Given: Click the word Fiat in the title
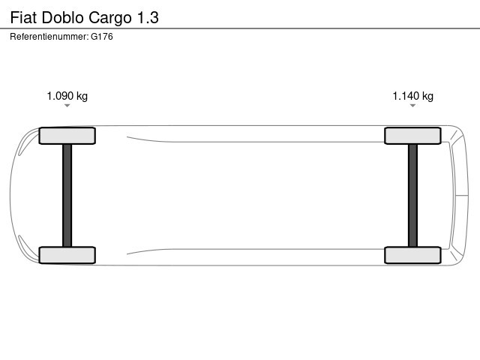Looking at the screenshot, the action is pos(23,17).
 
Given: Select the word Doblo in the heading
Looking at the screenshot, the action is pos(62,17).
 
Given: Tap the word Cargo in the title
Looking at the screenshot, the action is pos(110,18).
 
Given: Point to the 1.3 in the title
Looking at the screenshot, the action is pos(148,17).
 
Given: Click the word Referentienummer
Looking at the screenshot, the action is pos(49,37).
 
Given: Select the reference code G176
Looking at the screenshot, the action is pos(102,37).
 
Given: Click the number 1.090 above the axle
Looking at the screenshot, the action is pos(60,96).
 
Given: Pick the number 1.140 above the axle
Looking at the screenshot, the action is pos(406,96).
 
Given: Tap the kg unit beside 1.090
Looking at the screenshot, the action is pos(82,97).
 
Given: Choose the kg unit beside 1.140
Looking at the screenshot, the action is pos(427,97).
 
